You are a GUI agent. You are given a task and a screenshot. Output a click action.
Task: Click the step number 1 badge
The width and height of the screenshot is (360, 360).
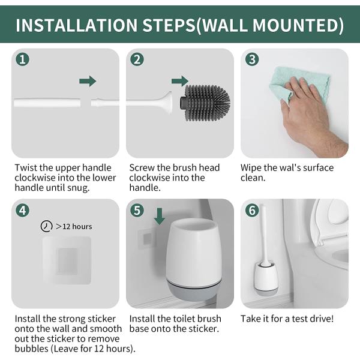[x=22, y=59]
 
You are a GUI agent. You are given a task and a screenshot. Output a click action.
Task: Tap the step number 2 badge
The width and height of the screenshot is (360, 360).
[x=137, y=59]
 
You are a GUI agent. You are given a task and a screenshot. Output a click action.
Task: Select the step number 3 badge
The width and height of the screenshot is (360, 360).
[x=252, y=59]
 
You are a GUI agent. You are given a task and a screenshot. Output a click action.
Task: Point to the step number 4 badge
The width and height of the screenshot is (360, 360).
[x=22, y=211]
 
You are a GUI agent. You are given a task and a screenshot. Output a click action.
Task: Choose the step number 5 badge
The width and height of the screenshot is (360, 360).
[x=137, y=211]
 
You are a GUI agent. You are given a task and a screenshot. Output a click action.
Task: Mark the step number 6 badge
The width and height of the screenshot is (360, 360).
[x=252, y=211]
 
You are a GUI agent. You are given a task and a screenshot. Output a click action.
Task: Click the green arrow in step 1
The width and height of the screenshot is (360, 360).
[x=88, y=81]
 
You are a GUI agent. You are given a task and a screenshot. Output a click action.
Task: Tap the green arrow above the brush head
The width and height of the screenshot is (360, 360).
[x=179, y=81]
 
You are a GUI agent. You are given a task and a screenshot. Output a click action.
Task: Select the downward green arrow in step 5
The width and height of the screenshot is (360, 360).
[x=159, y=216]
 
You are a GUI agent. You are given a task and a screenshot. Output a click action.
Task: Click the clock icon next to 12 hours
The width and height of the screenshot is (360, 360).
[x=46, y=226]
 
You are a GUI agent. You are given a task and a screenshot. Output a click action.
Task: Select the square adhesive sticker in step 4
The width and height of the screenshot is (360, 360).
[x=66, y=259]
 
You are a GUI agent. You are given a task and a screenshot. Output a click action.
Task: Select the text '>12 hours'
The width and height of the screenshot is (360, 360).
[x=74, y=226]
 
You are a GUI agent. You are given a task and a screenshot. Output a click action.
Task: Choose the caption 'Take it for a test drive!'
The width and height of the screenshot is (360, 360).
[x=287, y=319]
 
